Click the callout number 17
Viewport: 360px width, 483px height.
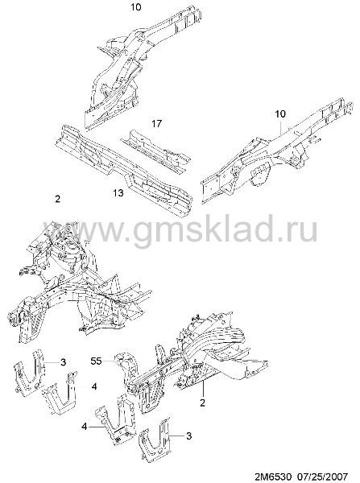point(156,123)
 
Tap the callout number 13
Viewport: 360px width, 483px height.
point(118,193)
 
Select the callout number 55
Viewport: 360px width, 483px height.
point(96,361)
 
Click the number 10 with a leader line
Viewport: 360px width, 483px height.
point(280,114)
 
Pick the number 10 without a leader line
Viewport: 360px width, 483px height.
point(135,6)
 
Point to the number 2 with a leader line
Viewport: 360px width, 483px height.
point(202,402)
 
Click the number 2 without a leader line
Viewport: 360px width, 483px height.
point(58,199)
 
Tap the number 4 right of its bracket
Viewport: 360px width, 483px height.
point(94,386)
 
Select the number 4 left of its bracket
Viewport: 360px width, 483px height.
point(84,427)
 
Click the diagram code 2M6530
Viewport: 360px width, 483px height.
point(272,476)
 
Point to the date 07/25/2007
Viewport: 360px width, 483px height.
point(322,476)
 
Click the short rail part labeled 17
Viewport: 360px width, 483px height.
point(156,149)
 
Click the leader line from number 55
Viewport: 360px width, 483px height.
point(108,361)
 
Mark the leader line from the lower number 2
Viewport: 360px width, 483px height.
point(203,390)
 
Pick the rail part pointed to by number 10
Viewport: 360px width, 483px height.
point(277,151)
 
